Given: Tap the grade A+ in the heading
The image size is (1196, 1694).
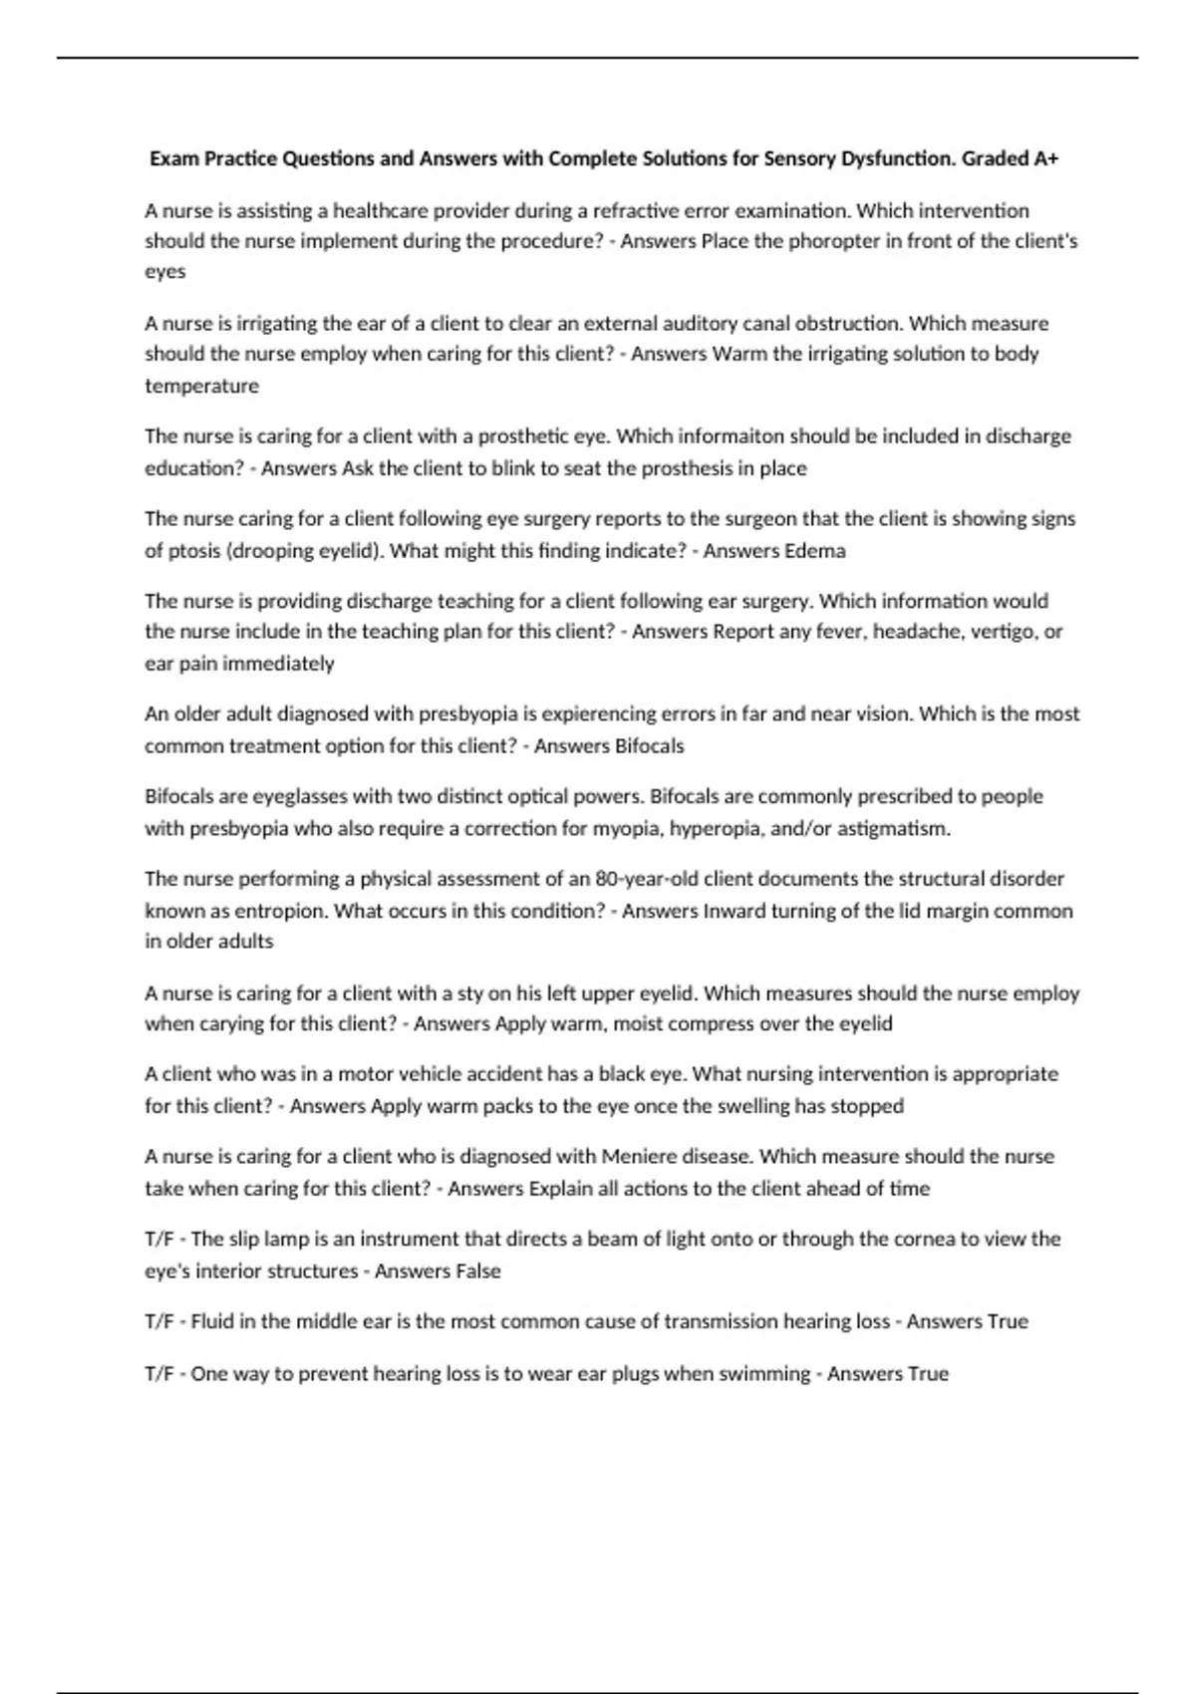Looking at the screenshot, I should (x=1046, y=158).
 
